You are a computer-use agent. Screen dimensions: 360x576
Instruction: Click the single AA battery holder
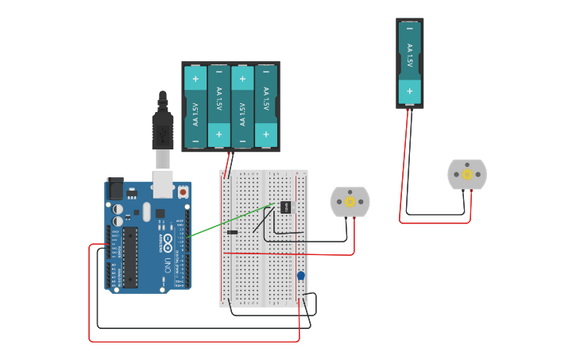(x=409, y=63)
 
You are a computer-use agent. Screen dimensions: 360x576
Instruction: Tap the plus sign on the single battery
(x=409, y=91)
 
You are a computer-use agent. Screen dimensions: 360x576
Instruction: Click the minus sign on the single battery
(x=409, y=29)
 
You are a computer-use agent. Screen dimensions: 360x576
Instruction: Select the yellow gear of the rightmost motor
(x=467, y=174)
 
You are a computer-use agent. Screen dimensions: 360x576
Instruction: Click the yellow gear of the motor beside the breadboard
(x=350, y=202)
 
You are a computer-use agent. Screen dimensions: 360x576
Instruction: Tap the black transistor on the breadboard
(x=284, y=207)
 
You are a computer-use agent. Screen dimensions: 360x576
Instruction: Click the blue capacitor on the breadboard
(x=300, y=276)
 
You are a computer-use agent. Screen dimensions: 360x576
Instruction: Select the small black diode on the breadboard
(x=232, y=232)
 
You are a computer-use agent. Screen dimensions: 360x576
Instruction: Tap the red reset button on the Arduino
(x=183, y=192)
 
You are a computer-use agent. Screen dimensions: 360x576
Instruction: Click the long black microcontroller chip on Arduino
(x=130, y=257)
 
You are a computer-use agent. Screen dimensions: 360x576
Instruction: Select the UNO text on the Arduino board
(x=168, y=263)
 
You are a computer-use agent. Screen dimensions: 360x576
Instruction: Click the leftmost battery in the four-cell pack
(x=195, y=106)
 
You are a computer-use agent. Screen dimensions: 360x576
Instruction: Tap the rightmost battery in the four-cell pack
(x=266, y=106)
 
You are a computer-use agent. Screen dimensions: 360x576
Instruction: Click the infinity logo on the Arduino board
(x=168, y=240)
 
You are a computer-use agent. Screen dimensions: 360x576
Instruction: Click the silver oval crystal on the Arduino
(x=147, y=211)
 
